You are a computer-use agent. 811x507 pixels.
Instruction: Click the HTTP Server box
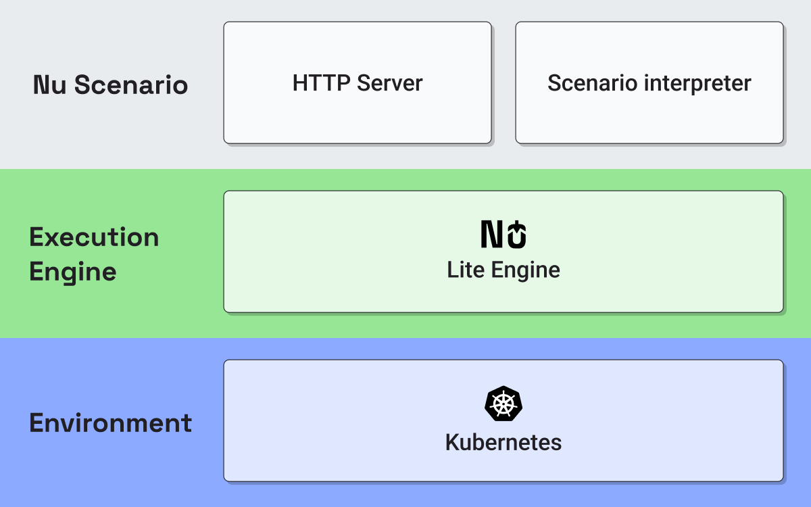[358, 82]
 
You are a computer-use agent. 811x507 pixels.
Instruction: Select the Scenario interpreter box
[649, 82]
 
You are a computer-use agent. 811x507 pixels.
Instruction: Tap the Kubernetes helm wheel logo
[503, 404]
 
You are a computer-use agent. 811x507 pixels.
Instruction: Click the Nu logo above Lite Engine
[503, 234]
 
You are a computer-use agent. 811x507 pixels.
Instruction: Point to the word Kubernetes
[503, 442]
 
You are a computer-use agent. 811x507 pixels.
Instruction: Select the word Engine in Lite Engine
[526, 271]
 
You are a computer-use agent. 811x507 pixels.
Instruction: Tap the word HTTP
[321, 83]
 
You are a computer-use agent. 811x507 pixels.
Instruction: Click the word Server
[390, 83]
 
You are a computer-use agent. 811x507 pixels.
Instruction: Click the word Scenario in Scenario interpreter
[592, 83]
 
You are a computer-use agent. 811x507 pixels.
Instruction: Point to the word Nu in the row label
[49, 84]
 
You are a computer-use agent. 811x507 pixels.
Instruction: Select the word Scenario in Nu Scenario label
[131, 84]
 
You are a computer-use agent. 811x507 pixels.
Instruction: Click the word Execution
[94, 237]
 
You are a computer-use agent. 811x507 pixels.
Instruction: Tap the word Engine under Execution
[73, 272]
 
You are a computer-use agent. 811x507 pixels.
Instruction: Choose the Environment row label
[110, 422]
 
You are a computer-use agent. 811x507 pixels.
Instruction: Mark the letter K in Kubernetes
[453, 442]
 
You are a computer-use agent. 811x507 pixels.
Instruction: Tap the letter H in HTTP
[300, 83]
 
